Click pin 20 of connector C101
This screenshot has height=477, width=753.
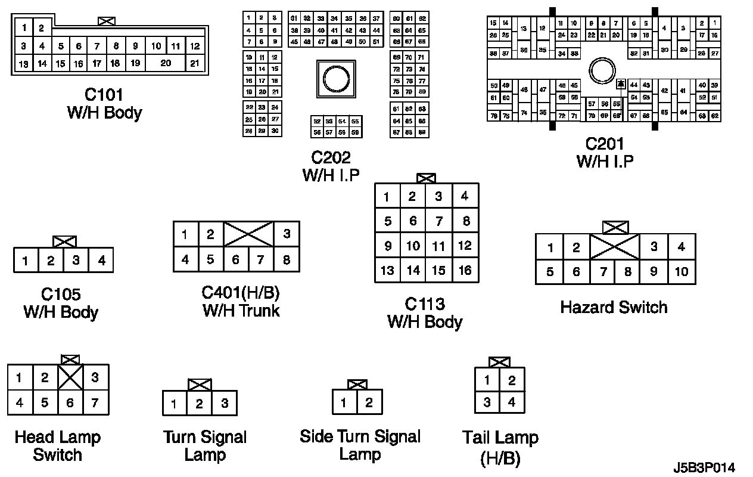[x=166, y=63]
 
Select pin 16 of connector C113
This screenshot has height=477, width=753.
[x=465, y=270]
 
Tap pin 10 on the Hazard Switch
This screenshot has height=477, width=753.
[x=682, y=272]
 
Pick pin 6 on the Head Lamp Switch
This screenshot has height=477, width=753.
[x=70, y=403]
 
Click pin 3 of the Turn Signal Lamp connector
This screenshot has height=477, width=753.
[x=225, y=404]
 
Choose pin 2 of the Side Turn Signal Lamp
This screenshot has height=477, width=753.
[x=369, y=402]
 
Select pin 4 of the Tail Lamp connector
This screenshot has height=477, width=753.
[x=512, y=402]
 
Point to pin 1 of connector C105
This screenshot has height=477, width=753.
[x=26, y=261]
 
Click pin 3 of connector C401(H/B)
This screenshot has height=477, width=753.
[x=287, y=234]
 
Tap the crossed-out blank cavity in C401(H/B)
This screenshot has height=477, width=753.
[x=248, y=234]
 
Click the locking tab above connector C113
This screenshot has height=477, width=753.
[x=426, y=178]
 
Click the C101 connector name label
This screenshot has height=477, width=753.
[x=104, y=95]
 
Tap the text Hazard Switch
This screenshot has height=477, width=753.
[x=614, y=308]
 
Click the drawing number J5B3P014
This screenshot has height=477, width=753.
[x=704, y=467]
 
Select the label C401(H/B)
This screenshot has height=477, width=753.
[x=241, y=293]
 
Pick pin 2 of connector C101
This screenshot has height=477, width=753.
[x=42, y=27]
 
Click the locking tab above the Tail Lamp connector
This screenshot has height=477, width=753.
[x=499, y=362]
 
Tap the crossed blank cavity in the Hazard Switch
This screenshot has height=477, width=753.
[x=614, y=247]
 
